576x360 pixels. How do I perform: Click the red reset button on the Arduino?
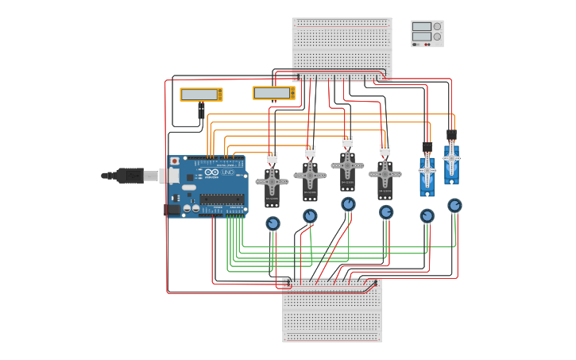point(174,161)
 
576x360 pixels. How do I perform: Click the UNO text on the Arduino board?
point(227,172)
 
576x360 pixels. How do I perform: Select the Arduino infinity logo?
point(211,172)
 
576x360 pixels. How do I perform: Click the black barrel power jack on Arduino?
point(172,210)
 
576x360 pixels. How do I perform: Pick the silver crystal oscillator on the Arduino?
point(189,188)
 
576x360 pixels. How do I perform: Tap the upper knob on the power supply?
point(437,26)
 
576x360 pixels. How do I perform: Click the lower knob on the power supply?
point(437,37)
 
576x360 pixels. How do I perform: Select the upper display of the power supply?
point(421,26)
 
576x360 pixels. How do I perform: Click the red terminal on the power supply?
point(428,45)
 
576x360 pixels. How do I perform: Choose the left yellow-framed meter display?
point(200,95)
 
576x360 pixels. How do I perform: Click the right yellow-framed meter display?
point(273,93)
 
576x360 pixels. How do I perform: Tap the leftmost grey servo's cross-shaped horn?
point(272,181)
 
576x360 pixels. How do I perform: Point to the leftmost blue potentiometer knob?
point(273,223)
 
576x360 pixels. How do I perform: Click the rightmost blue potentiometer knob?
point(454,205)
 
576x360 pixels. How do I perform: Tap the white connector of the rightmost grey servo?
point(385,149)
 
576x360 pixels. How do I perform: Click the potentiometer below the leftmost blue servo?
point(427,215)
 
